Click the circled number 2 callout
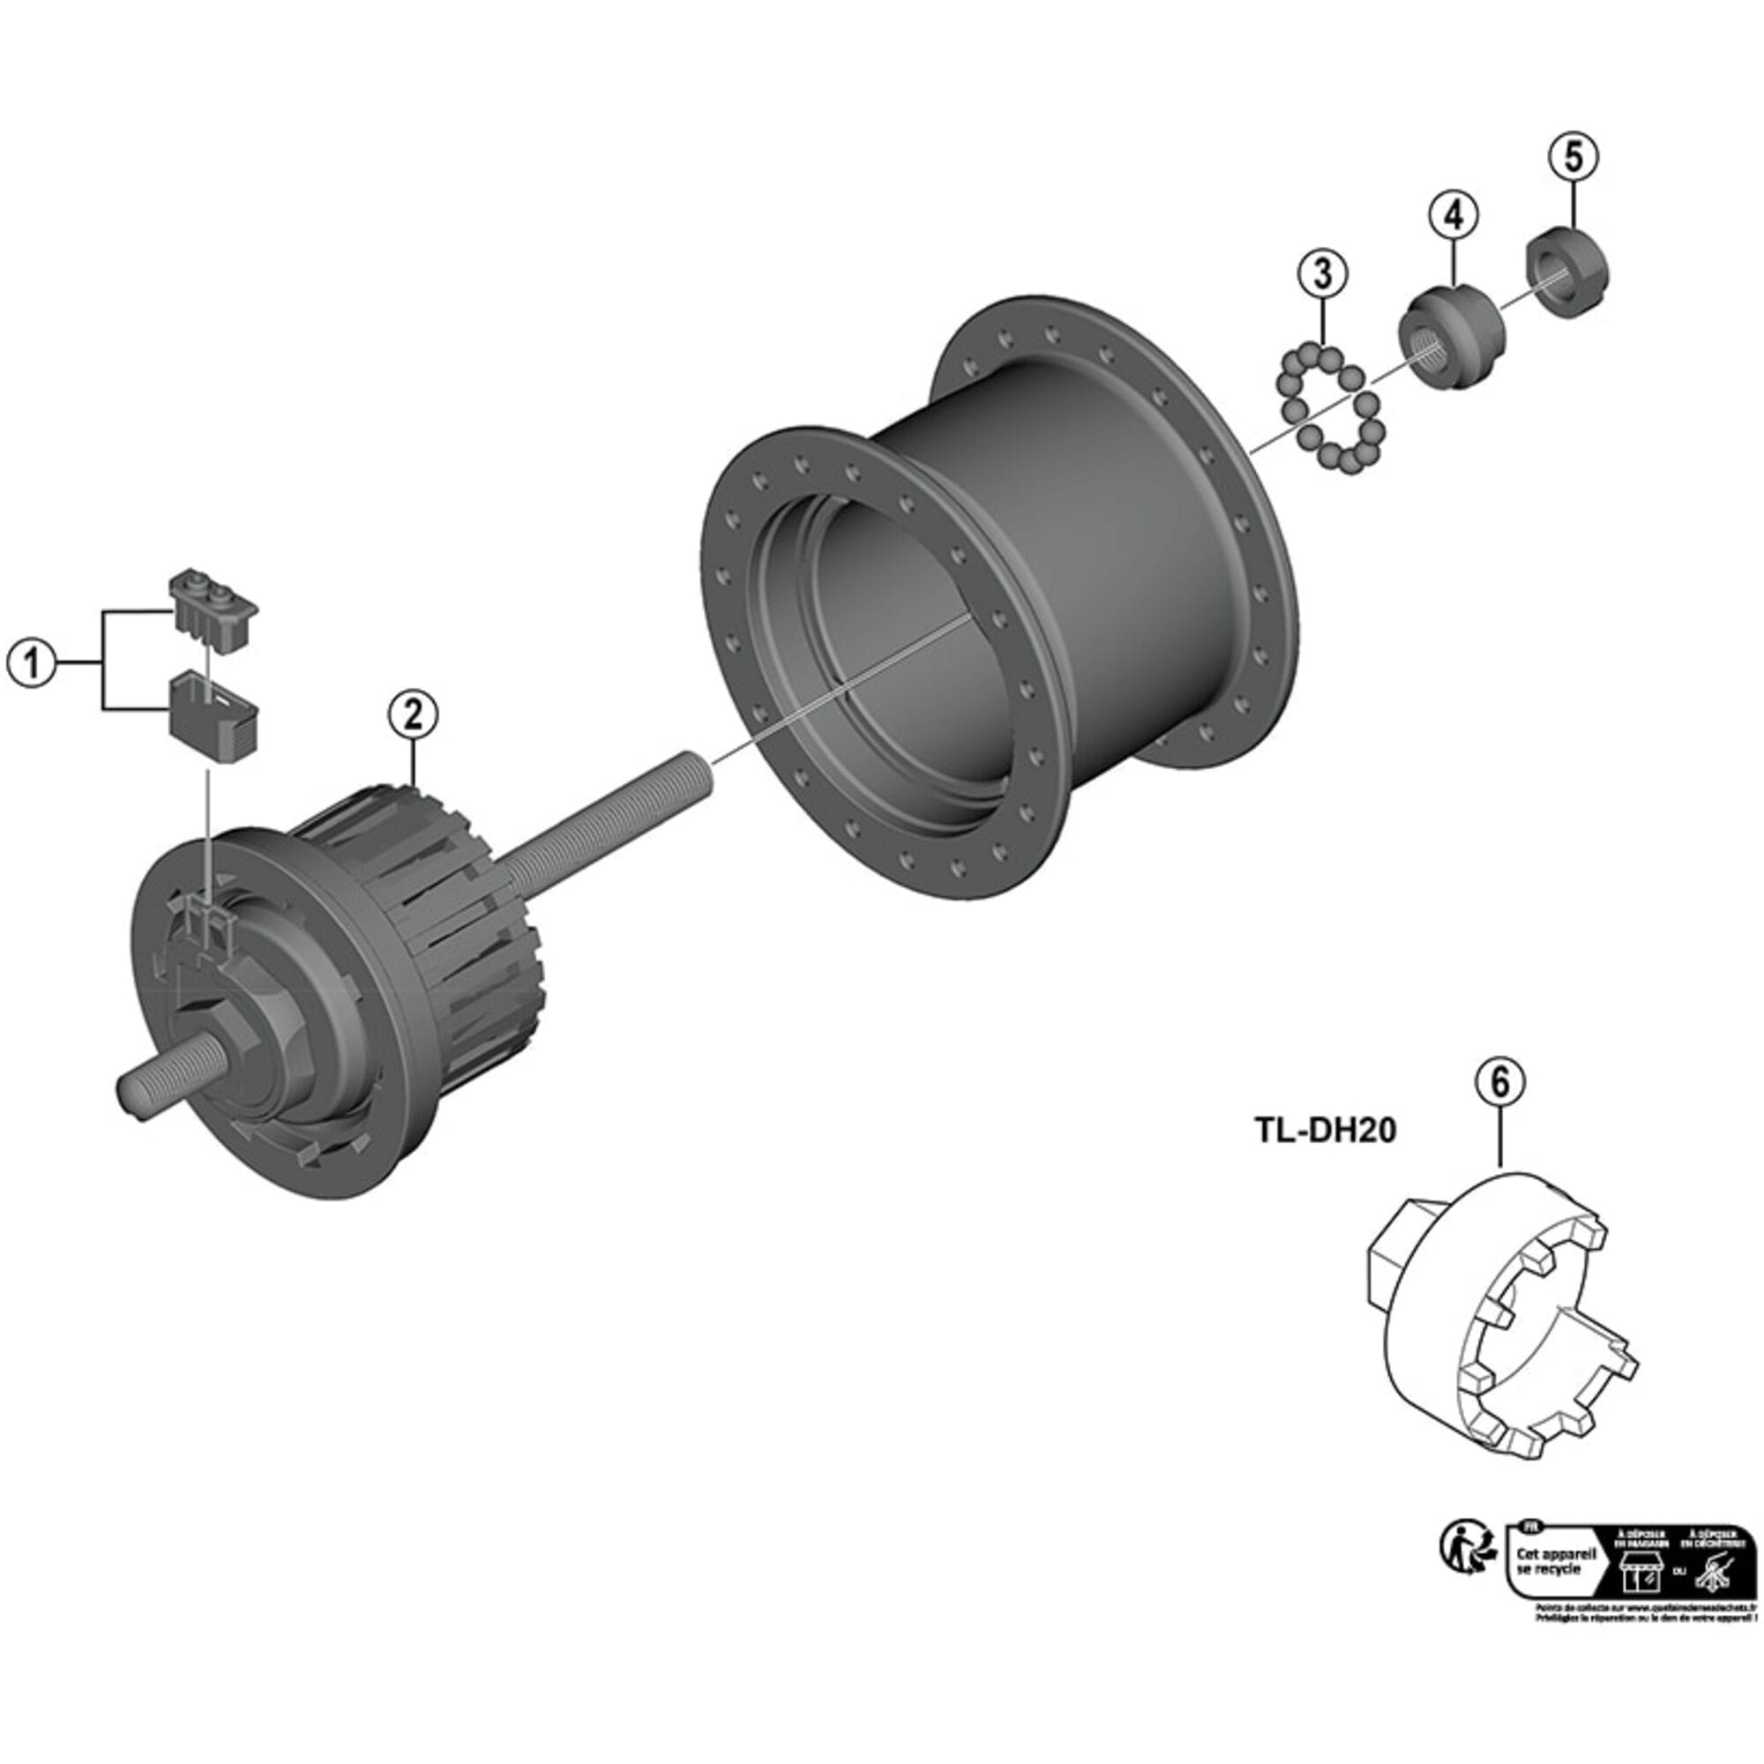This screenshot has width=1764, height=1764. coord(413,713)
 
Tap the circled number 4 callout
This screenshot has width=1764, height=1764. coord(1454,215)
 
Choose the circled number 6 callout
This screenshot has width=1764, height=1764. coord(1500,1082)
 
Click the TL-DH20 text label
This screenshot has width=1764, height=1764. coord(1325,1132)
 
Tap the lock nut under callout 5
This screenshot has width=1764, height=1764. coord(1567,276)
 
